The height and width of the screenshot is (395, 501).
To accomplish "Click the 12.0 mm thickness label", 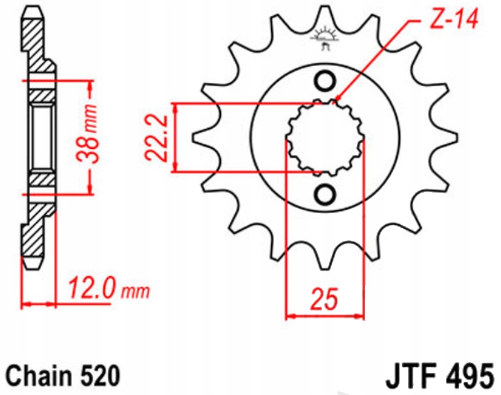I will coord(107,288).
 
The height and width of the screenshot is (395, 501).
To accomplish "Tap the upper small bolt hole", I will coord(324,81).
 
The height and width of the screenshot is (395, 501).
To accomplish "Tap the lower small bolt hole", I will coord(324,195).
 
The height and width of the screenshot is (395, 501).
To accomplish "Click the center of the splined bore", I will coord(325,137).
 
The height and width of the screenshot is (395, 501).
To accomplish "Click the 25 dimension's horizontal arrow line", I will coord(325,317).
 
